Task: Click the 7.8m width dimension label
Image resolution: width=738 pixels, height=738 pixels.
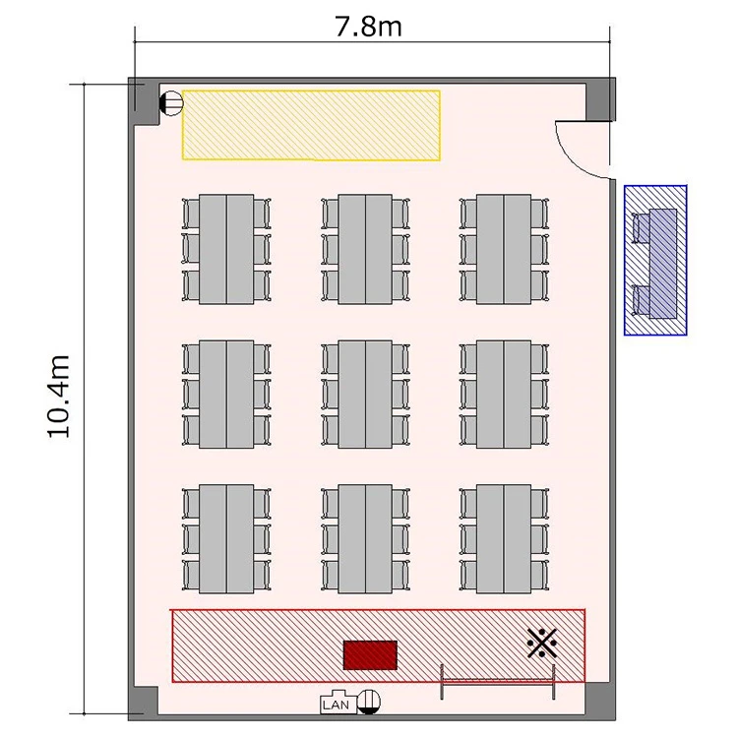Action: click(368, 27)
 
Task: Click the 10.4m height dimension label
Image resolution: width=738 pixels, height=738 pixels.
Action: click(59, 397)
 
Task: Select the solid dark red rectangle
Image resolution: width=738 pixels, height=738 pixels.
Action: click(370, 654)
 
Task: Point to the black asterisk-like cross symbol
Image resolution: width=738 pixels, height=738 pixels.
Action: click(542, 643)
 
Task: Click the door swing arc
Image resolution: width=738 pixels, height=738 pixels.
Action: click(572, 157)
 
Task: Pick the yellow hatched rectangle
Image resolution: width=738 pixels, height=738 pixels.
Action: click(311, 125)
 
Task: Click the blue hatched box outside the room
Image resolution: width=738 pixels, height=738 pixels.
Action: click(655, 261)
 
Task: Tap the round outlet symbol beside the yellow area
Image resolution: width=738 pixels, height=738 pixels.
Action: click(171, 103)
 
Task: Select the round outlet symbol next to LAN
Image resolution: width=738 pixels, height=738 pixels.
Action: click(369, 702)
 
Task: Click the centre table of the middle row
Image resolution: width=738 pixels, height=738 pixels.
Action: click(365, 395)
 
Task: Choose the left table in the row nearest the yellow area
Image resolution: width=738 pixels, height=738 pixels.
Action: click(226, 249)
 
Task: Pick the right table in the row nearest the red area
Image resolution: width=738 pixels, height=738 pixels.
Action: click(504, 539)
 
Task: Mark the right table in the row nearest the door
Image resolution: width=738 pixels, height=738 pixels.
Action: click(504, 249)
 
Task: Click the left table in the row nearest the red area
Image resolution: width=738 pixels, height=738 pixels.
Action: click(226, 539)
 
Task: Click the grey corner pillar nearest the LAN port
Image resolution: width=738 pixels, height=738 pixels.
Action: click(143, 704)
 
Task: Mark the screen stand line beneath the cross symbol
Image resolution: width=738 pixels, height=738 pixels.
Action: click(498, 681)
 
